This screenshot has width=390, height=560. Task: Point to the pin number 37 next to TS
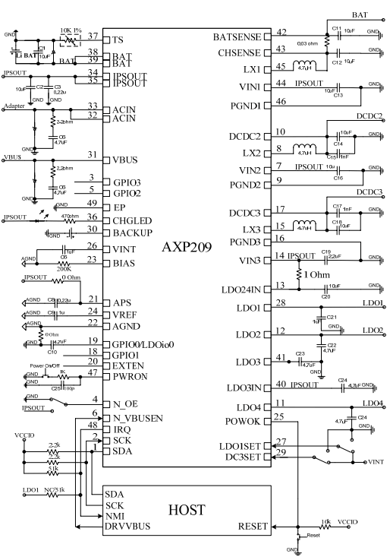[93, 36]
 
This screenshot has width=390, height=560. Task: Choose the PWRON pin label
[129, 374]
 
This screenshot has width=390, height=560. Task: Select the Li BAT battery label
[22, 55]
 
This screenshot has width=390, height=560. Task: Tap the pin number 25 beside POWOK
[279, 416]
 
